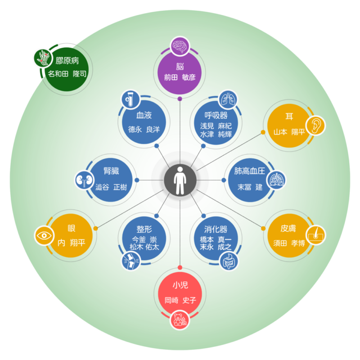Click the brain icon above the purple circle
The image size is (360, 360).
click(180, 46)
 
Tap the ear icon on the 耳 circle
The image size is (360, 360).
click(316, 126)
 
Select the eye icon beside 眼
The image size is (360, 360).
click(44, 235)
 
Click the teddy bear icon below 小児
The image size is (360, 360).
click(180, 319)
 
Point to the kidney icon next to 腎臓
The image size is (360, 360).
click(84, 180)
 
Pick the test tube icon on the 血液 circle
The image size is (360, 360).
click(130, 99)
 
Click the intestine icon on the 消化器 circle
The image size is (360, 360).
click(229, 261)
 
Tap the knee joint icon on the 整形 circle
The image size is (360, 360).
click(130, 261)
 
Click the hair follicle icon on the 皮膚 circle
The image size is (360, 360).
click(316, 234)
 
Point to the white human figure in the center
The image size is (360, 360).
click(180, 180)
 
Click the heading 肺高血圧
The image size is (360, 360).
click(250, 171)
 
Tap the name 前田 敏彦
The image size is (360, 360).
click(180, 77)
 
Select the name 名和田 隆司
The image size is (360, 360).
click(67, 74)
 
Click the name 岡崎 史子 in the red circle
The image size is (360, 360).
click(180, 300)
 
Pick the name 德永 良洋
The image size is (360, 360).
click(144, 130)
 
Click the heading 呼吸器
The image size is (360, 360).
click(216, 115)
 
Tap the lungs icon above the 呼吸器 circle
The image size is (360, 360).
click(228, 99)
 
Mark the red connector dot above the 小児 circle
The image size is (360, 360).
click(180, 267)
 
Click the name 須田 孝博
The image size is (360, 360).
click(289, 243)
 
